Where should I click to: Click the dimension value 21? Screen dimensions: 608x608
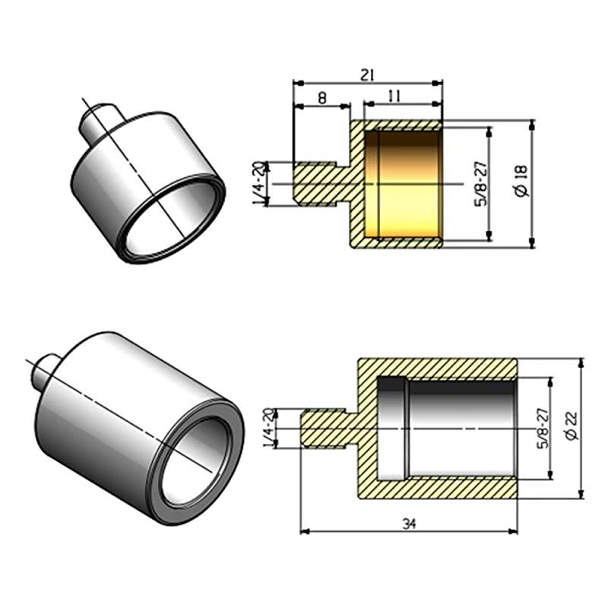click(368, 74)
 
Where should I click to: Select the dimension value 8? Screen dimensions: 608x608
click(321, 97)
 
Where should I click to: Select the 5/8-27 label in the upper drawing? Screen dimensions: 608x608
click(480, 183)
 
